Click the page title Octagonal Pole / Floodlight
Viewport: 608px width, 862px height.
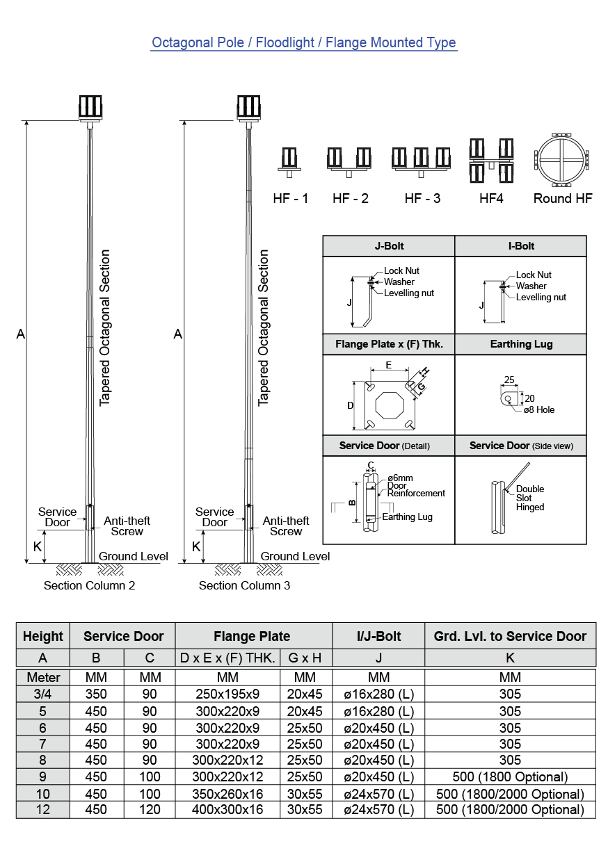304,42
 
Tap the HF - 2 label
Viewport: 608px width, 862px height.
351,198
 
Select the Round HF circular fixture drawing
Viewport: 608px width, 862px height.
563,160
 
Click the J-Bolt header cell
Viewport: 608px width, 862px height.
388,246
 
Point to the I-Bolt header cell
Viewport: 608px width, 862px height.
521,246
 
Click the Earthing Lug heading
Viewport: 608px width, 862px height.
521,344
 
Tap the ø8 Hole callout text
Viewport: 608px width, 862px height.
539,410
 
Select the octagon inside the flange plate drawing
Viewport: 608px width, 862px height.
387,405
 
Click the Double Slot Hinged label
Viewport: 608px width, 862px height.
530,498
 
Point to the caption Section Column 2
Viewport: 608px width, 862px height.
89,585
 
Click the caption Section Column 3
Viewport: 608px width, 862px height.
244,585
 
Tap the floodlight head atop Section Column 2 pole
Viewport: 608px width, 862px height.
90,107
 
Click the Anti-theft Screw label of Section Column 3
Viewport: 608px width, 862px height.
285,526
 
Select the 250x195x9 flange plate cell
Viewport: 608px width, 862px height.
227,694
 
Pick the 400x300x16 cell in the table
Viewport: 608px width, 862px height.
227,809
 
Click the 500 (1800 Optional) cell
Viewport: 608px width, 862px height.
510,776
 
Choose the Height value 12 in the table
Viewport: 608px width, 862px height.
43,809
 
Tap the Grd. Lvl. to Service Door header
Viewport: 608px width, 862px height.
510,636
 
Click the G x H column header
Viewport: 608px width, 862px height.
305,658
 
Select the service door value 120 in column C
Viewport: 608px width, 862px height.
150,809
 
